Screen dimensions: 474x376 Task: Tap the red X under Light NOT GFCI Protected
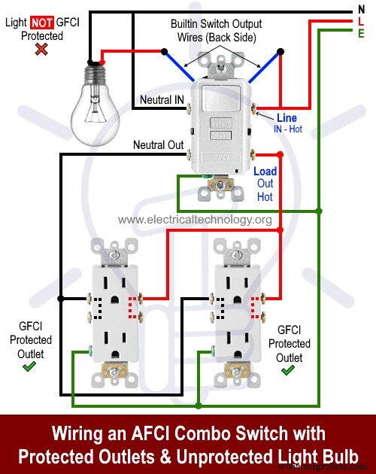(42, 50)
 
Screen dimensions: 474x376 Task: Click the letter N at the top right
(361, 10)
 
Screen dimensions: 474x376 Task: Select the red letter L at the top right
(361, 22)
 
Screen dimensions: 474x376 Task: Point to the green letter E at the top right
(361, 34)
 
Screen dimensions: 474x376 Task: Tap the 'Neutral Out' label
(158, 144)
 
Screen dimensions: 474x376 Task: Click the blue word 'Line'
(287, 118)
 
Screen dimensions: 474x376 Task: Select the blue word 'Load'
(265, 171)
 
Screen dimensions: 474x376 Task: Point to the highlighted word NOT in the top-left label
(41, 22)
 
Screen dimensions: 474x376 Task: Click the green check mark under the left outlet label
(29, 366)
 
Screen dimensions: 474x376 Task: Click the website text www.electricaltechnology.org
(195, 220)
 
